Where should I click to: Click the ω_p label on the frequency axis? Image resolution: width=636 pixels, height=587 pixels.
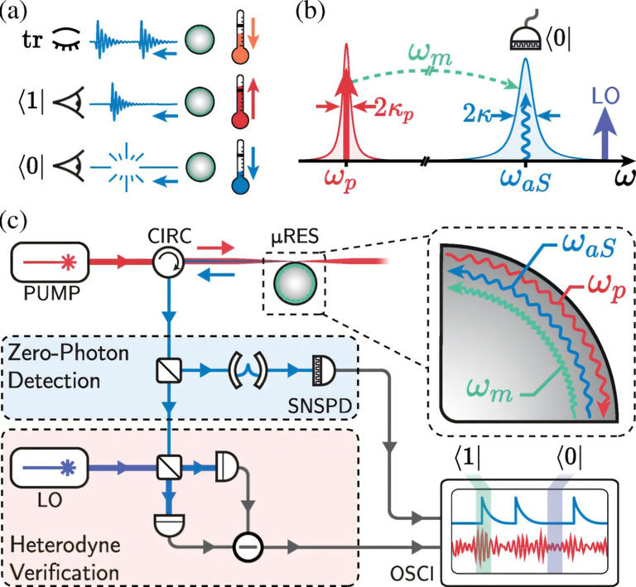344,180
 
